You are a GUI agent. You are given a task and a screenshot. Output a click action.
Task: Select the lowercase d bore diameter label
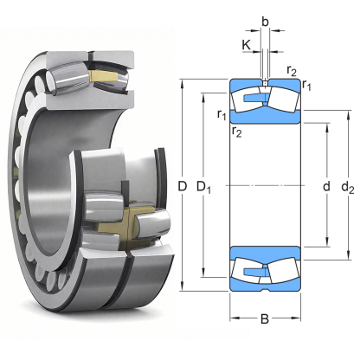click(x=326, y=185)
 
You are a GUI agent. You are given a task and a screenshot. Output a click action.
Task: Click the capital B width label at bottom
click(x=265, y=319)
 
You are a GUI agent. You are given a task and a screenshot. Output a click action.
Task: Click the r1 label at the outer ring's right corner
click(x=307, y=84)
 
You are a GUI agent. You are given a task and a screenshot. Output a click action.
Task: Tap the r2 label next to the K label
click(x=292, y=69)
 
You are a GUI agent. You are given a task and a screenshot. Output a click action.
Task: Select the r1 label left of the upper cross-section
click(x=222, y=113)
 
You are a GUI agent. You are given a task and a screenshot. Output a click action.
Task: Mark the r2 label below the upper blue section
click(x=235, y=131)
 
